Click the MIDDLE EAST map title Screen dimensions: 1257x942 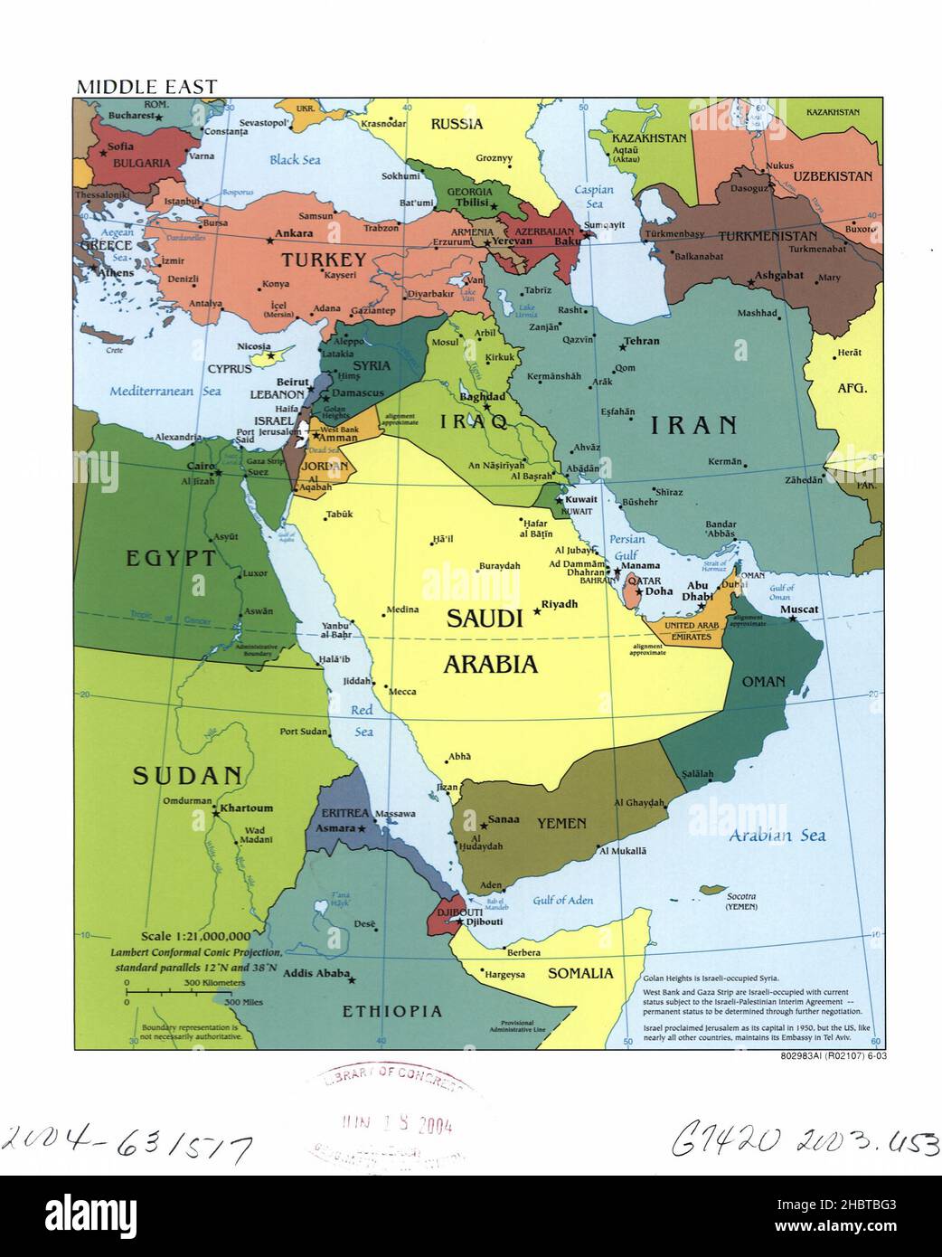[146, 87]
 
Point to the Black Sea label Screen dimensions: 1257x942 [295, 160]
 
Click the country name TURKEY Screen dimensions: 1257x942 [324, 260]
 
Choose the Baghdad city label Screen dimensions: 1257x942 [481, 396]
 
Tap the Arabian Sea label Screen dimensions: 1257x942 [777, 836]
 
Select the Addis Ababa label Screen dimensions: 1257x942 [313, 975]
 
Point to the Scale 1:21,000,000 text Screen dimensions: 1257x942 [202, 936]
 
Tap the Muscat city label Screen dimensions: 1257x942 [798, 610]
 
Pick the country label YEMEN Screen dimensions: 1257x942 [561, 824]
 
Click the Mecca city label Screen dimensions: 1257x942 [402, 692]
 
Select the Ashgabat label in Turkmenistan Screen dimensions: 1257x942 [778, 274]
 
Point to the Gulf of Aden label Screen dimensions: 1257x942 [562, 900]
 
